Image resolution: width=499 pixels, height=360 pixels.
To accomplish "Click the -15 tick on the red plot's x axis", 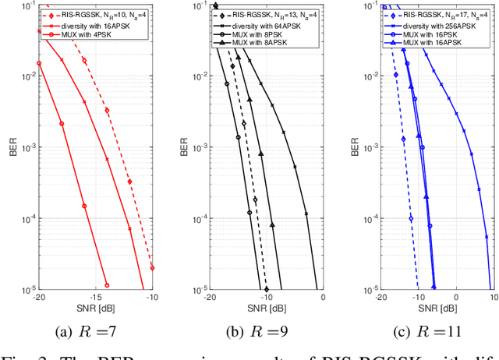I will (x=96, y=297).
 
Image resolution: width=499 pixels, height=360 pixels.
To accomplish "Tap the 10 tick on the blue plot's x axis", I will (x=493, y=297).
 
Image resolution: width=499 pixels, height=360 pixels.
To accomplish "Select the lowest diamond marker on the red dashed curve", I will (x=152, y=267).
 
